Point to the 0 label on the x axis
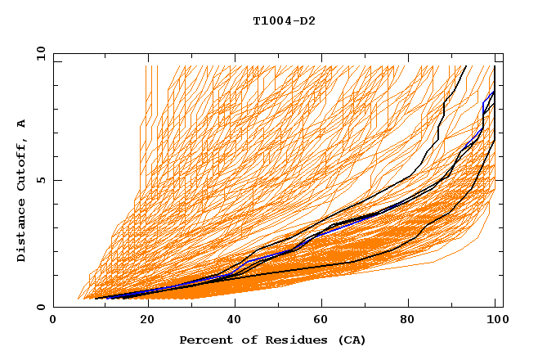(53, 322)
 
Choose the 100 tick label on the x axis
(496, 322)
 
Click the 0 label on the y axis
(40, 308)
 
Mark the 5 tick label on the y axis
(40, 180)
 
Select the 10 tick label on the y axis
(38, 53)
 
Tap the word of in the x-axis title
(245, 340)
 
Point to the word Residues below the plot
(294, 340)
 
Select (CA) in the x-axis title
(351, 340)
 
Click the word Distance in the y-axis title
(22, 233)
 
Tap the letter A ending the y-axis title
(22, 124)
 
